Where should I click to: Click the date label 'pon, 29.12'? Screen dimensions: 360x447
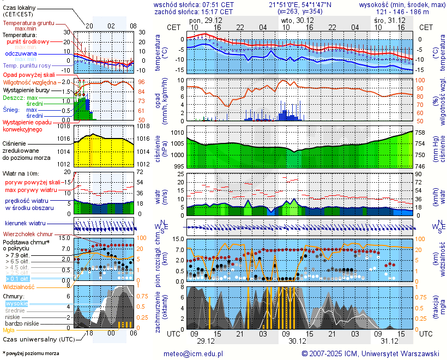[x=205, y=20]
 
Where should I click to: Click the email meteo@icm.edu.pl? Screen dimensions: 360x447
[x=194, y=353]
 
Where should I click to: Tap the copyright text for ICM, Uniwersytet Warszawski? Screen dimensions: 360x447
[x=370, y=353]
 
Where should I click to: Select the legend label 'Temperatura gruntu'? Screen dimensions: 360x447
[x=28, y=23]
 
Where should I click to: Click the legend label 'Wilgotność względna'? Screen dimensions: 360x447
[x=30, y=82]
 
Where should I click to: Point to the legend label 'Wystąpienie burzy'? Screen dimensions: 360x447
[x=27, y=89]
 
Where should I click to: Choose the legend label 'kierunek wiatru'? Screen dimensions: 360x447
[x=25, y=224]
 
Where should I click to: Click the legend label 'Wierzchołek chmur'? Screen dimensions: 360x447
[x=27, y=234]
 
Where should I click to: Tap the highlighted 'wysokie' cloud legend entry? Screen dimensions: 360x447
[x=16, y=303]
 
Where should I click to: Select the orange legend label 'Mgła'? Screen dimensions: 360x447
[x=9, y=330]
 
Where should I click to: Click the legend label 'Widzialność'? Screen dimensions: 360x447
[x=19, y=286]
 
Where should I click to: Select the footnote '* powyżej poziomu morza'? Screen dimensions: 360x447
[x=31, y=353]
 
